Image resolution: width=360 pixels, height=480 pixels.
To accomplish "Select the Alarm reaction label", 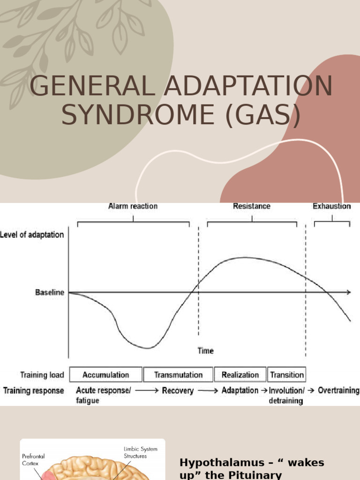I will [x=133, y=206].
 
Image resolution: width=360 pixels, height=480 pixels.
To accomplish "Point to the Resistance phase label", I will [x=251, y=206].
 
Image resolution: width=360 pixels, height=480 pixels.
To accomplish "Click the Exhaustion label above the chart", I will [x=331, y=206].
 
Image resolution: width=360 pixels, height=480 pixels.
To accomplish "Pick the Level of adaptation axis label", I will [x=32, y=235].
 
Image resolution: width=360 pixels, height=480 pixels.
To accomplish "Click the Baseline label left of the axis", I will [x=50, y=292].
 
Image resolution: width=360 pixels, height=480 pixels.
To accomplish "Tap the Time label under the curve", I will [x=205, y=351].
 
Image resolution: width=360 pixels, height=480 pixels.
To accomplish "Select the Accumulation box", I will [x=105, y=375].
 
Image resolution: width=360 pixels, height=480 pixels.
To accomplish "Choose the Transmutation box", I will [x=178, y=375].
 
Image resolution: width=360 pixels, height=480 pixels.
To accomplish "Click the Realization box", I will [x=240, y=375].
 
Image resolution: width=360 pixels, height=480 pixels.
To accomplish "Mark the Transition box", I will [x=287, y=375].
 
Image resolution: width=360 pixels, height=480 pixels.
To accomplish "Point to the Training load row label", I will [x=42, y=375].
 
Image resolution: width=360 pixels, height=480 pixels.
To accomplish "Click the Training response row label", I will [x=34, y=390].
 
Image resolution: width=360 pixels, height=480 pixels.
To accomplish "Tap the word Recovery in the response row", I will [x=178, y=390].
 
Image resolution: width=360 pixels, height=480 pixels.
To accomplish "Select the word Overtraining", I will [x=338, y=390].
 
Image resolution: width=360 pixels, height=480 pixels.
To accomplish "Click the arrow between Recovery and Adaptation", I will [x=207, y=390].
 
